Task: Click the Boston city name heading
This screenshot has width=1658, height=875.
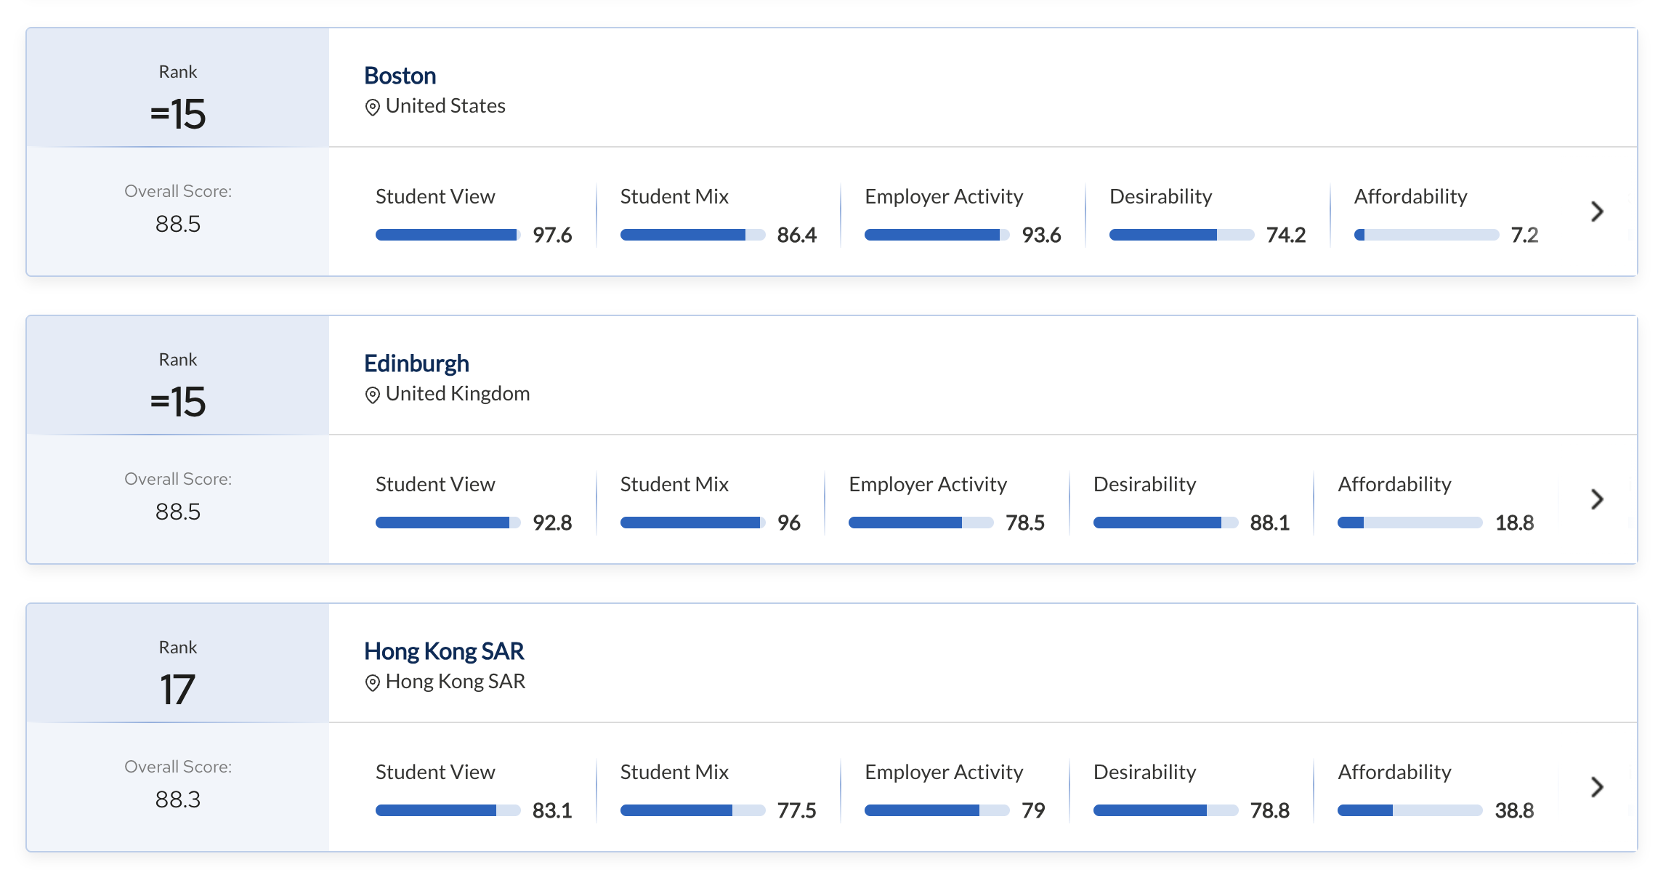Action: click(x=400, y=76)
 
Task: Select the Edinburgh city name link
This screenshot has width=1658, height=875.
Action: click(x=416, y=363)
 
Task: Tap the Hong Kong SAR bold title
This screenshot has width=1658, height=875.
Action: click(x=443, y=651)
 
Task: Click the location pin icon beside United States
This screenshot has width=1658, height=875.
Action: click(x=372, y=108)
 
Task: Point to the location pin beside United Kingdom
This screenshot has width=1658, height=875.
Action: click(x=372, y=395)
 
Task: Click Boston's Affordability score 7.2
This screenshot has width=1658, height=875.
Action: click(x=1524, y=235)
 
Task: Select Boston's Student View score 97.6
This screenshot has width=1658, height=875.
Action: click(x=552, y=235)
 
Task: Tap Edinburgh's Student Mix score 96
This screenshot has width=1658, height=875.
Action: click(x=788, y=523)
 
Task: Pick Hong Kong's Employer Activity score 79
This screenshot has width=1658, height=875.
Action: click(x=1033, y=810)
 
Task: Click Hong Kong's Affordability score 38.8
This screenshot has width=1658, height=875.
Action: click(x=1514, y=810)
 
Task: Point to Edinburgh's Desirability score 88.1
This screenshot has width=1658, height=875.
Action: click(x=1269, y=523)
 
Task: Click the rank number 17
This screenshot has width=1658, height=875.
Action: click(x=177, y=689)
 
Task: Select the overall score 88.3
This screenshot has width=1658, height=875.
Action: click(x=177, y=799)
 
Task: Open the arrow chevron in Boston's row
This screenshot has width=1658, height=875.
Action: click(x=1596, y=211)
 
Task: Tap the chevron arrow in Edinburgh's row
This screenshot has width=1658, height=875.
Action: click(x=1596, y=499)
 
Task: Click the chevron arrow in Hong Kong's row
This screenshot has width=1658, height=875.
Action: click(x=1596, y=787)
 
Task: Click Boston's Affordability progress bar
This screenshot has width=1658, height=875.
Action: click(x=1426, y=235)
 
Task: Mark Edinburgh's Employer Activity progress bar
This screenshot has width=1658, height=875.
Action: click(x=921, y=523)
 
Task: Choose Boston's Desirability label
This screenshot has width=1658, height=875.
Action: click(x=1160, y=196)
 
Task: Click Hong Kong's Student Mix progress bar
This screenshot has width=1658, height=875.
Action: click(x=692, y=810)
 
